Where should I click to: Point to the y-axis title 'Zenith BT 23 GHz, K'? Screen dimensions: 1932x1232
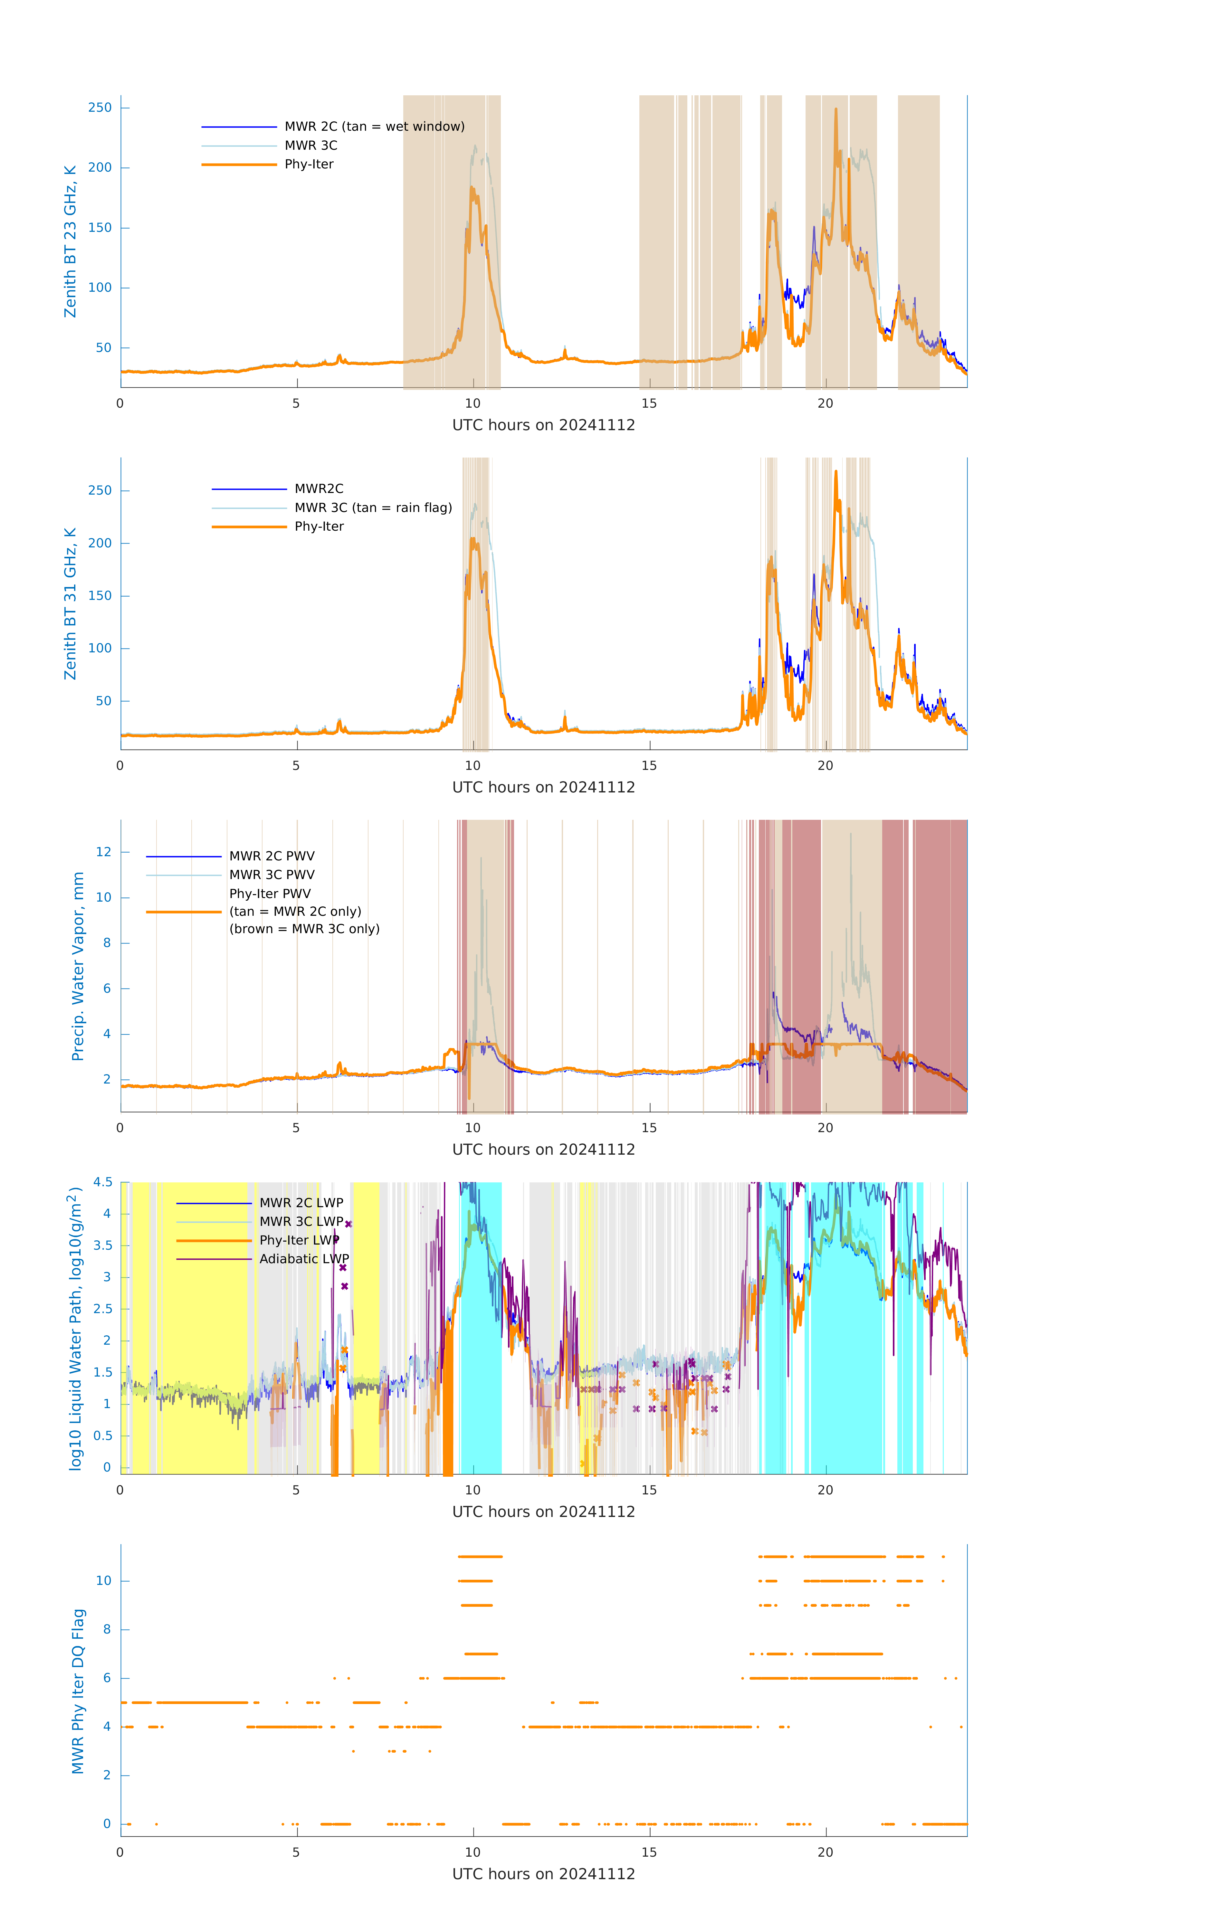pos(71,241)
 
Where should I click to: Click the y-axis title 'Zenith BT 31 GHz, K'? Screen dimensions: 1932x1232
pos(71,603)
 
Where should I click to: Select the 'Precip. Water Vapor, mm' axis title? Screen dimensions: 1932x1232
pos(78,966)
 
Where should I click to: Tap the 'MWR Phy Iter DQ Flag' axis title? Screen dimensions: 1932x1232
pos(78,1690)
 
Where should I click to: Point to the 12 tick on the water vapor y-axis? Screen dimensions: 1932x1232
pos(103,852)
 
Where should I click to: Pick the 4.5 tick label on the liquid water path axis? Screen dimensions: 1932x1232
pos(103,1182)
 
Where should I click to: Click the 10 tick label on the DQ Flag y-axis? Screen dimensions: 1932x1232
pos(103,1581)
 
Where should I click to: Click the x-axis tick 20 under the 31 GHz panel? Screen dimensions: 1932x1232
pos(825,765)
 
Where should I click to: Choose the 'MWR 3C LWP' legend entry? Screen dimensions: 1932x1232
pos(301,1221)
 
